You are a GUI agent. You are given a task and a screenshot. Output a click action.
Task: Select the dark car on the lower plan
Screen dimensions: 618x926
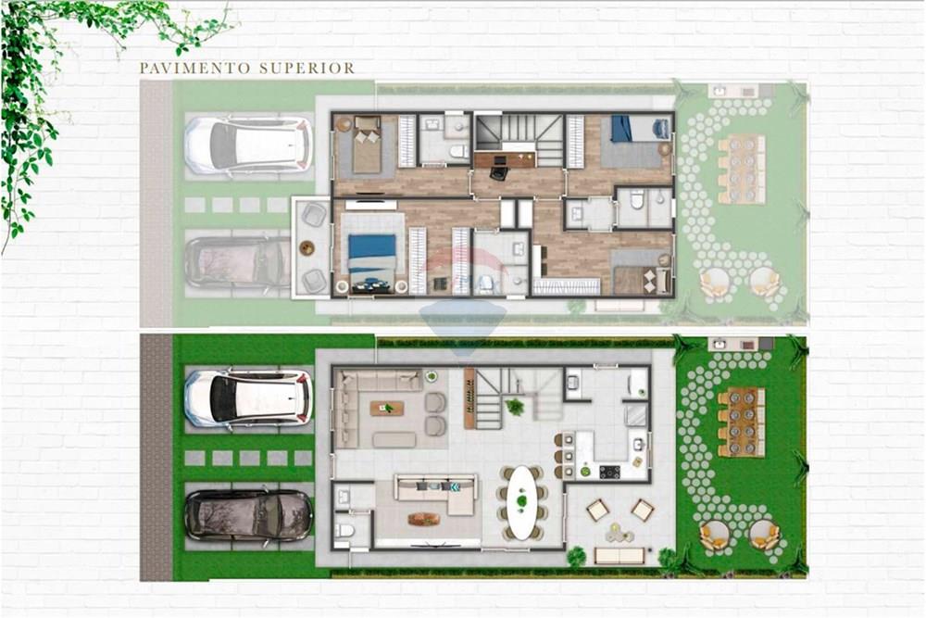248,515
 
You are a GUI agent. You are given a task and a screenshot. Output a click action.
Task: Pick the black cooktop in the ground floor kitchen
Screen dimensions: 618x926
609,472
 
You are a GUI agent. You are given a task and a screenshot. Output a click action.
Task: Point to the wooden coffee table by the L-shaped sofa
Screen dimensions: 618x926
424,519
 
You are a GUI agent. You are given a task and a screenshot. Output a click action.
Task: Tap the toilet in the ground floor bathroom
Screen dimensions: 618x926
344,531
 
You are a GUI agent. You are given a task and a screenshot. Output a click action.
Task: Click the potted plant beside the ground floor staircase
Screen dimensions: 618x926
515,406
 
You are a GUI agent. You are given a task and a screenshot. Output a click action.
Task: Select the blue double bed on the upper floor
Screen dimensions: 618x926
372,251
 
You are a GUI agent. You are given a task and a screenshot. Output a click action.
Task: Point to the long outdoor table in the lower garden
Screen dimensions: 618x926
741,423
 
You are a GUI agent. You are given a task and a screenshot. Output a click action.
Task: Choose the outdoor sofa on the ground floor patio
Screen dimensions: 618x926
619,555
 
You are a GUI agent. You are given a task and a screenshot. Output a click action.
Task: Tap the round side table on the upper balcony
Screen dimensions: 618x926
307,247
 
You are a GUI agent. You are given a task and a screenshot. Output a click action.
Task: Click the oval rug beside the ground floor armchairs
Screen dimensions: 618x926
394,439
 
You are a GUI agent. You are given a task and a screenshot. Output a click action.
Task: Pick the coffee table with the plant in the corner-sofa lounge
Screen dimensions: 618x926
386,408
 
